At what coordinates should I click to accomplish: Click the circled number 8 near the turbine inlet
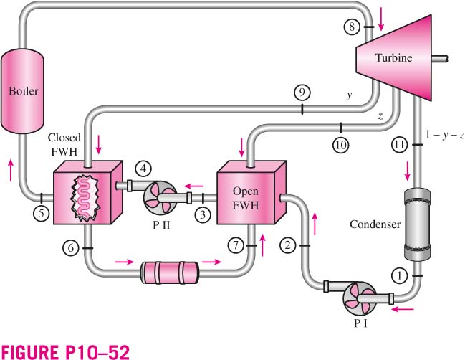coord(352,27)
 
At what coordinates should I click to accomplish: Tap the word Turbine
coord(393,57)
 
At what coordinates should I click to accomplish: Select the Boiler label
coord(24,91)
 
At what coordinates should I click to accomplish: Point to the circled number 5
coord(42,214)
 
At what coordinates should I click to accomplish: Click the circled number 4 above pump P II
coord(143,169)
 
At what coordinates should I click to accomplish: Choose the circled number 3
coord(203,214)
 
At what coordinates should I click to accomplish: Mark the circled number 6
coord(71,247)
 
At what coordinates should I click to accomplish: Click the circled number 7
coord(236,245)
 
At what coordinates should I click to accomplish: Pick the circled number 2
coord(287,245)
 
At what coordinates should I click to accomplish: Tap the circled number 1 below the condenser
coord(400,275)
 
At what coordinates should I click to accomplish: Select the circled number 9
coord(302,93)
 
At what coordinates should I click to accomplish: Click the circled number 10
coord(341,145)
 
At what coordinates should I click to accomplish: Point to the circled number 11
coord(399,145)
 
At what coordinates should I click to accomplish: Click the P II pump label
coord(161,226)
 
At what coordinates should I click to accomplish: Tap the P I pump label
coord(360,323)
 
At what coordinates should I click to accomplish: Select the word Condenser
coord(375,224)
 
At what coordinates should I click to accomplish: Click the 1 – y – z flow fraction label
coord(444,135)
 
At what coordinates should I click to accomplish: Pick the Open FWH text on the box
coord(246,198)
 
